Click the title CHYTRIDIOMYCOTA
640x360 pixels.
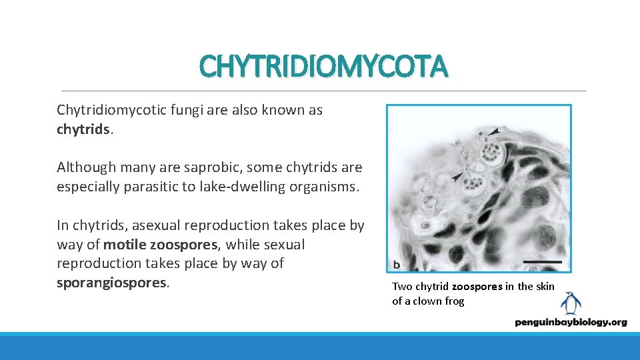(323, 67)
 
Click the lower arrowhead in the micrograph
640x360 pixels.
(456, 177)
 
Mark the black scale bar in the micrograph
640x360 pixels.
(543, 262)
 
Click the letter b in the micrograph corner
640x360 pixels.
(397, 265)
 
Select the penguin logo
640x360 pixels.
(570, 303)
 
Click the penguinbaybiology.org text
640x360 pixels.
(571, 322)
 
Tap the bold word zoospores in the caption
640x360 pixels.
(477, 287)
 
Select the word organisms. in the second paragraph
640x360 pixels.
(325, 187)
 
